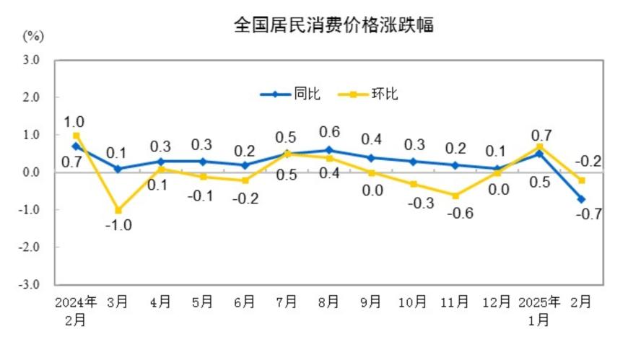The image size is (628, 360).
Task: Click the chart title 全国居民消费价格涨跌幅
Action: click(333, 25)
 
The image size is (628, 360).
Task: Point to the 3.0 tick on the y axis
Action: click(30, 60)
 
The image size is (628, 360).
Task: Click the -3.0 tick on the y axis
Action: click(29, 284)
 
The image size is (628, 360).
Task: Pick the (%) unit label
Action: click(33, 35)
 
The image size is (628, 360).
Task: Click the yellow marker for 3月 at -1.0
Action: click(118, 210)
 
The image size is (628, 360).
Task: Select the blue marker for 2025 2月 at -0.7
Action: click(581, 199)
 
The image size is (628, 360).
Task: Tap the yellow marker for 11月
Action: click(455, 195)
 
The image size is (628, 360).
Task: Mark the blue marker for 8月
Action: click(328, 150)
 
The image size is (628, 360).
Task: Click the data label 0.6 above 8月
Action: click(328, 132)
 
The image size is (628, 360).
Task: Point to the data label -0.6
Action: click(455, 213)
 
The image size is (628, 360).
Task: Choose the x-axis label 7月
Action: click(287, 302)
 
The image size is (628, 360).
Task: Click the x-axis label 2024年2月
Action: click(76, 310)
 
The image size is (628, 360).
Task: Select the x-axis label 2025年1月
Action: click(539, 310)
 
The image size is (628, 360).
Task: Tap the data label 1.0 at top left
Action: click(75, 122)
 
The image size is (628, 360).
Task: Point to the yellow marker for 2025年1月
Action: click(539, 146)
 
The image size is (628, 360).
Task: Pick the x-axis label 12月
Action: click(497, 302)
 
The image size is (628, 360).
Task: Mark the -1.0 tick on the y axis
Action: click(29, 210)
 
